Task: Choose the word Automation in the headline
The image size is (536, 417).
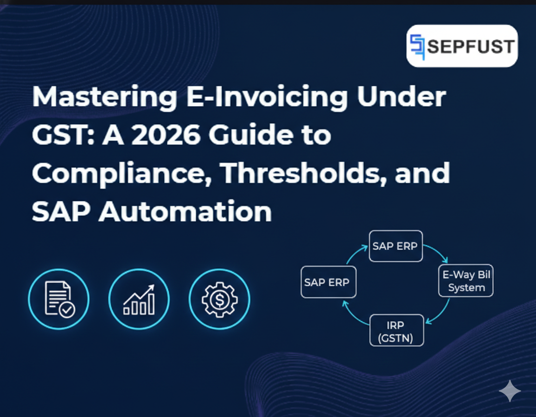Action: pyautogui.click(x=185, y=211)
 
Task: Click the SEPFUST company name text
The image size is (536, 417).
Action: pyautogui.click(x=470, y=47)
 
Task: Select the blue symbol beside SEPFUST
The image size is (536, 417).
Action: pyautogui.click(x=418, y=47)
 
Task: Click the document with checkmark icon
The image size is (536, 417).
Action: pyautogui.click(x=59, y=299)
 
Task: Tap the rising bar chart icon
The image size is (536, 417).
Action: pyautogui.click(x=139, y=299)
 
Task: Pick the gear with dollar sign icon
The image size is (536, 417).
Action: pyautogui.click(x=219, y=299)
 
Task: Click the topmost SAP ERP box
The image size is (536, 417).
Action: pyautogui.click(x=395, y=246)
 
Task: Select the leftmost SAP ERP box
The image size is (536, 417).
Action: pyautogui.click(x=328, y=282)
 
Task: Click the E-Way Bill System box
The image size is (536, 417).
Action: pyautogui.click(x=466, y=281)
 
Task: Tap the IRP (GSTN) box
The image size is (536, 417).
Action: pyautogui.click(x=396, y=330)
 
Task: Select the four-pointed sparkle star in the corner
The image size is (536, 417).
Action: pyautogui.click(x=509, y=391)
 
